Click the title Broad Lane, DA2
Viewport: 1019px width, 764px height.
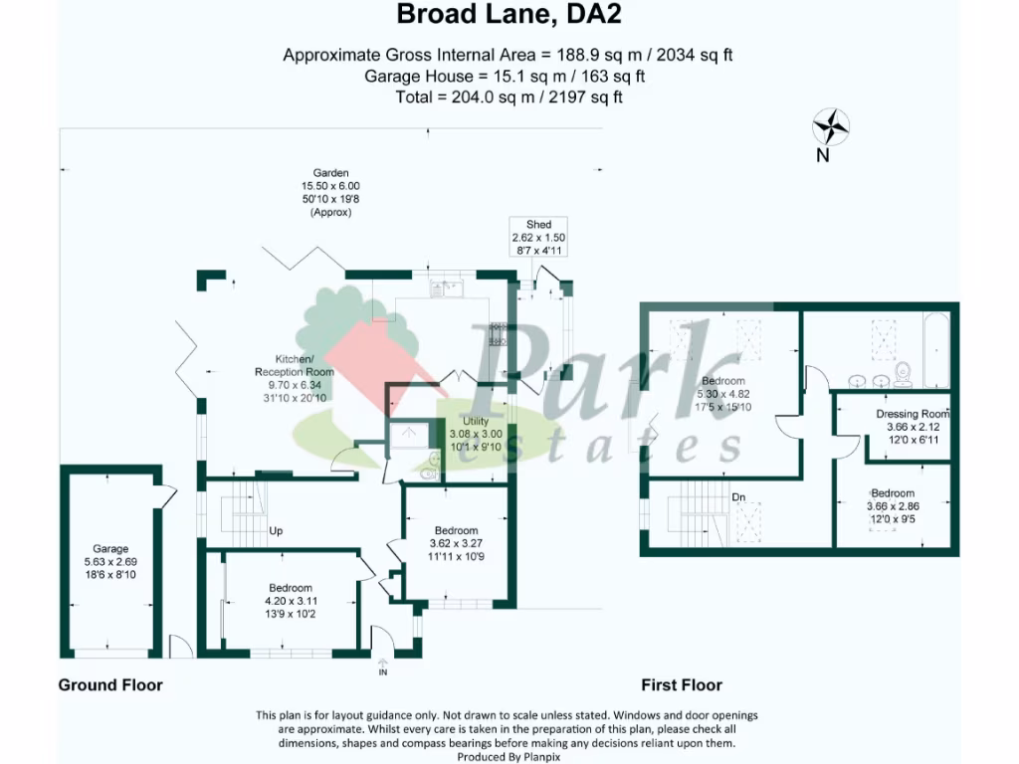[x=509, y=15]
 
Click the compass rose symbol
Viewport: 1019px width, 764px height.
[x=830, y=127]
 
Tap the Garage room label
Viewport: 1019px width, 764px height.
[x=110, y=549]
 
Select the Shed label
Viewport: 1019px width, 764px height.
[x=538, y=225]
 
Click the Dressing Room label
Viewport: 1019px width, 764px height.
[x=913, y=414]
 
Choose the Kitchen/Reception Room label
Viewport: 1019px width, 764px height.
[x=295, y=365]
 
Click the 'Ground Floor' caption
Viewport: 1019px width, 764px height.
[x=110, y=684]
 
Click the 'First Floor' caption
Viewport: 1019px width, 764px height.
[x=682, y=684]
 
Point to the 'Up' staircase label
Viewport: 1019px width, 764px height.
[x=276, y=531]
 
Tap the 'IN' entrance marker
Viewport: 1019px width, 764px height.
[x=383, y=672]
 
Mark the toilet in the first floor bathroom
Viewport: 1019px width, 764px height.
[x=904, y=373]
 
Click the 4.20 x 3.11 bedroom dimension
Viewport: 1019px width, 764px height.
[x=289, y=601]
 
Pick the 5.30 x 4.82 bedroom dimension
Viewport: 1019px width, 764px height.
[x=722, y=394]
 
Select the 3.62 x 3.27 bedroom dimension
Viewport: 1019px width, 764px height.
[x=456, y=543]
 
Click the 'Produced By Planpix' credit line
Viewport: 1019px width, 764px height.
[x=509, y=756]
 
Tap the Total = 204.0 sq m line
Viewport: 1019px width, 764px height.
[x=509, y=96]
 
